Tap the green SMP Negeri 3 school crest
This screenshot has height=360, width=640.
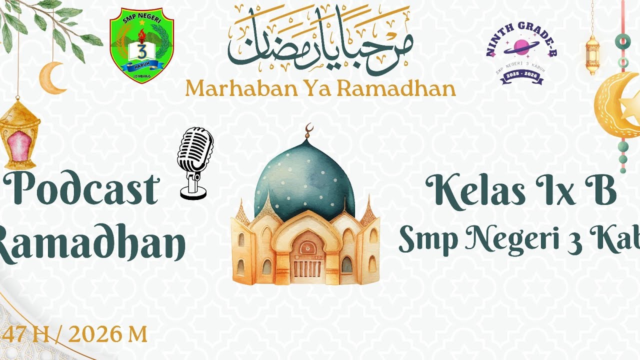click(x=141, y=45)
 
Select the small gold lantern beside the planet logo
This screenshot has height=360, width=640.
click(x=592, y=53)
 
